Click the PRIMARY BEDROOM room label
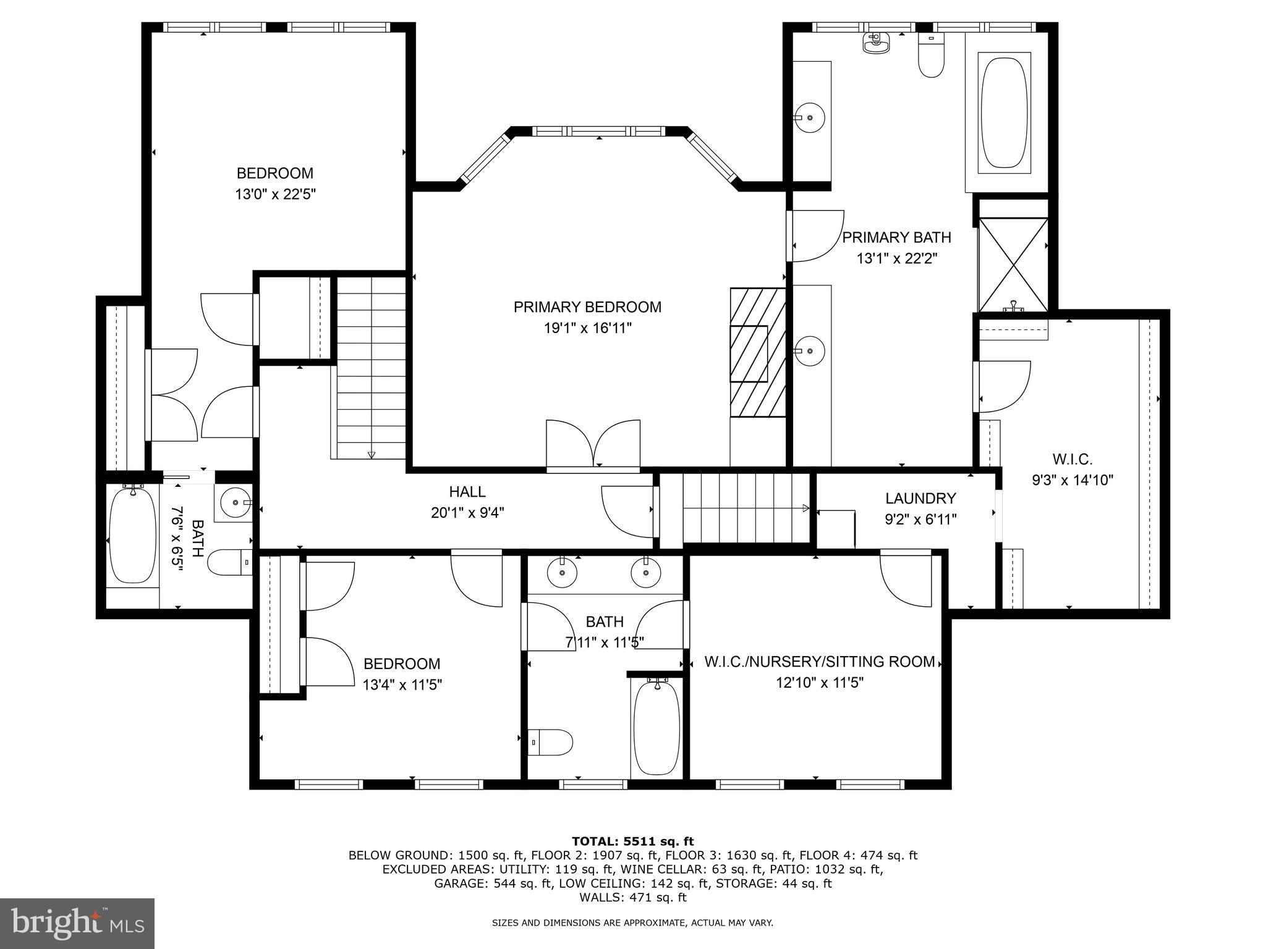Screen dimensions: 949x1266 587,307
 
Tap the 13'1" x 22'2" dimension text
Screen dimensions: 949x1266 897,258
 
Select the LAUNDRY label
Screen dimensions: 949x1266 920,498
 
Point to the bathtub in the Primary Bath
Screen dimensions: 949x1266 1005,112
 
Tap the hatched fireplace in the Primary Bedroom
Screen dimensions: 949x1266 757,353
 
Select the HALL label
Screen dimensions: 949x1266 467,492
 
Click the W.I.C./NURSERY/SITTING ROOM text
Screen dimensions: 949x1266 820,662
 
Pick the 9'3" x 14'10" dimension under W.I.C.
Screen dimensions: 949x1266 1073,480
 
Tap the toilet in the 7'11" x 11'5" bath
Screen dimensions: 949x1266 552,742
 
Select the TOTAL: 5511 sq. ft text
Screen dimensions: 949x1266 632,841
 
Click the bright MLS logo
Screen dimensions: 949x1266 77,923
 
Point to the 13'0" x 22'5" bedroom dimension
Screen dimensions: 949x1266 275,195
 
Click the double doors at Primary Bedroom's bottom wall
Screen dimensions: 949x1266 593,445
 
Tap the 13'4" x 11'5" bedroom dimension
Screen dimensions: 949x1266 402,685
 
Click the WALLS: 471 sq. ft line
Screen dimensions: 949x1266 632,898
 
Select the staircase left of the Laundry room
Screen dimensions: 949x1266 745,508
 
